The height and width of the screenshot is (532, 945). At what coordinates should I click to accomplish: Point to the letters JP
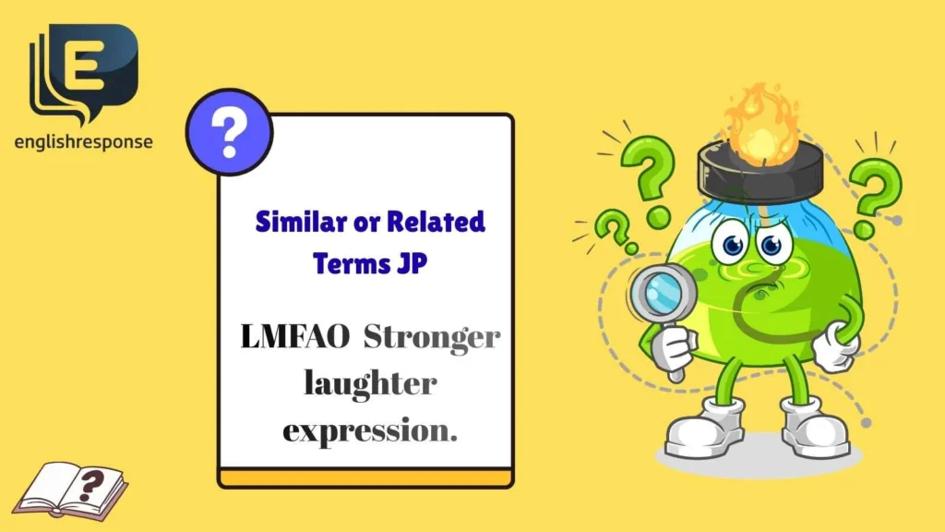pyautogui.click(x=410, y=262)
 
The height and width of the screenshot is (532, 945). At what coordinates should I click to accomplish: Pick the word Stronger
pyautogui.click(x=431, y=339)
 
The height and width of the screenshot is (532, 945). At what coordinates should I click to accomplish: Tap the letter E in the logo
pyautogui.click(x=90, y=66)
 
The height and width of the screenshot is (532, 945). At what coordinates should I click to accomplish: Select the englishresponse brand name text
pyautogui.click(x=83, y=142)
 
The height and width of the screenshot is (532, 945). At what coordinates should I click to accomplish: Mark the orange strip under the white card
pyautogui.click(x=365, y=478)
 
